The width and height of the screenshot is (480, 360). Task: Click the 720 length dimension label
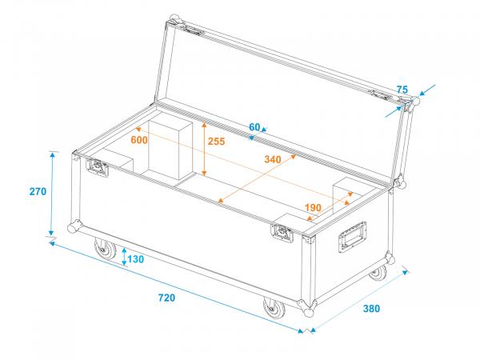click(166, 298)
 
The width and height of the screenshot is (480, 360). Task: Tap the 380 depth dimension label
click(370, 309)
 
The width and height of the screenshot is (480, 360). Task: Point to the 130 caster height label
click(135, 259)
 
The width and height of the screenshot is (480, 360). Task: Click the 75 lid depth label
click(402, 89)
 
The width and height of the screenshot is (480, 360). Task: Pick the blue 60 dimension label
click(254, 127)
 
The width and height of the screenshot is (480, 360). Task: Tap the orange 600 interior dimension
click(139, 140)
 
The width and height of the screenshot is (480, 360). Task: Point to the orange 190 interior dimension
click(313, 208)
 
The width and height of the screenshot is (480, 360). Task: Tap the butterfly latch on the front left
click(98, 168)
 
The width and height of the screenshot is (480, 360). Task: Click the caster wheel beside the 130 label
click(104, 251)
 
